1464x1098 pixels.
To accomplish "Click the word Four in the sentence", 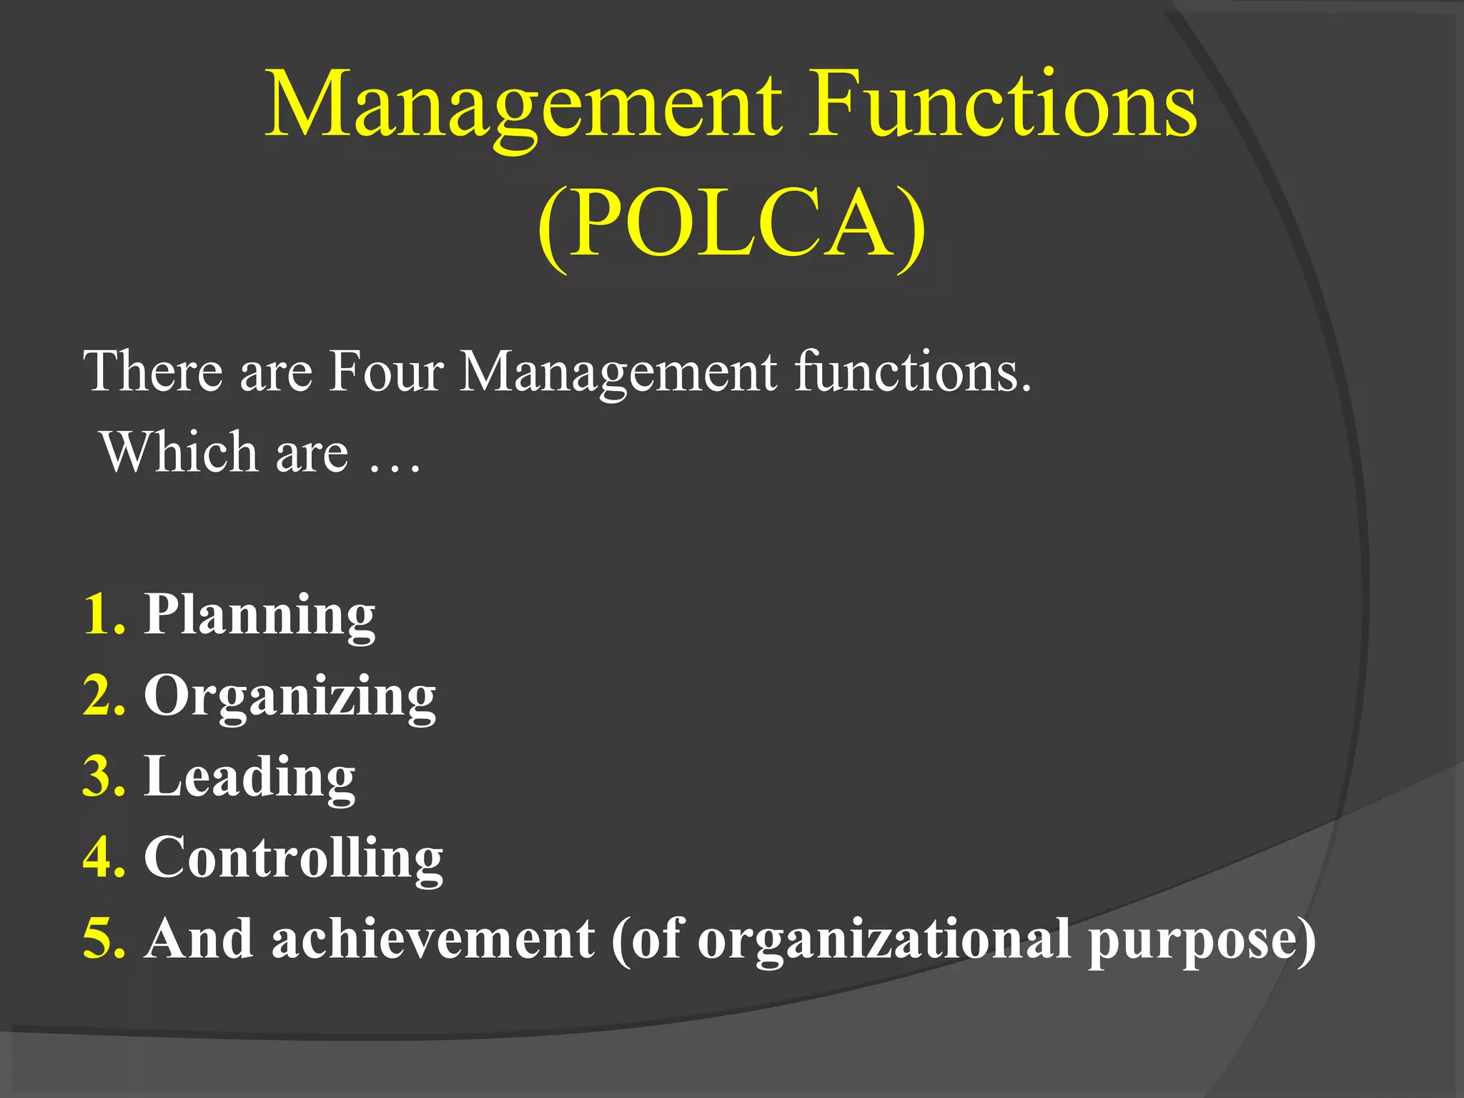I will pos(386,371).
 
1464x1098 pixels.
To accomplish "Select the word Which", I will pos(179,452).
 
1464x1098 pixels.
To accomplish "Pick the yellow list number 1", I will pos(104,614).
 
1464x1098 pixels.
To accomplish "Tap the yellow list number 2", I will pos(104,695).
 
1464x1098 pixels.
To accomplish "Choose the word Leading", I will pos(249,777).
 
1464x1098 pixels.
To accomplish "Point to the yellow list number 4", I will pos(104,857).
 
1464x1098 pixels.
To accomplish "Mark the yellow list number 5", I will pos(104,939).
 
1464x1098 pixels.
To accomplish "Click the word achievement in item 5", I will pos(432,939).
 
